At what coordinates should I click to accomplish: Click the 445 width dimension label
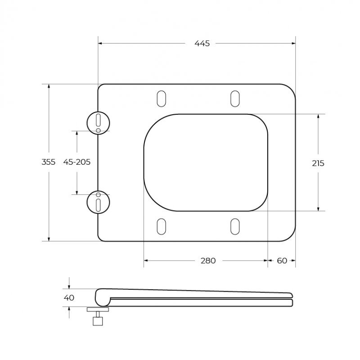click(202, 43)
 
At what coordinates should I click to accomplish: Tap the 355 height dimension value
click(48, 162)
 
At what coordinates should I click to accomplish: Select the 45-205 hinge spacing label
click(77, 162)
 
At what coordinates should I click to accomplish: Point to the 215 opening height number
click(318, 163)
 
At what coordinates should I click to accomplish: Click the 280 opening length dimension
click(208, 261)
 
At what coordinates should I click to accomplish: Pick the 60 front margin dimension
click(282, 261)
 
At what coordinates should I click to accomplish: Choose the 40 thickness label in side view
click(69, 298)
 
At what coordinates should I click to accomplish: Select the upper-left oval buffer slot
click(162, 99)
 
